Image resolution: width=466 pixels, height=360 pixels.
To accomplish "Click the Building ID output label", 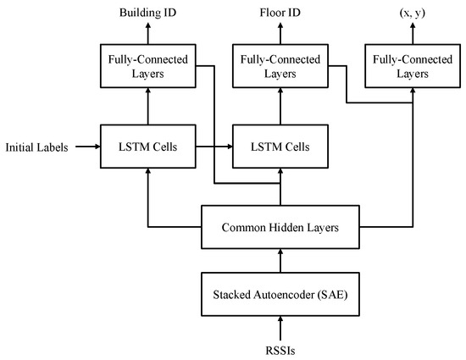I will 149,14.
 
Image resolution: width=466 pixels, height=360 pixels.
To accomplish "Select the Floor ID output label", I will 279,14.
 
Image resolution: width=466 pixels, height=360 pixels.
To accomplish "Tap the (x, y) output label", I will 413,14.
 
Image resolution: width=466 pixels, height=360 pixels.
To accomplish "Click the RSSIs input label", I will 279,346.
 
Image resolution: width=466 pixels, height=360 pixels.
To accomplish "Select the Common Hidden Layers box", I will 279,227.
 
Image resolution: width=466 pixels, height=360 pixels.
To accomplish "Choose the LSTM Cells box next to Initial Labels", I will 149,147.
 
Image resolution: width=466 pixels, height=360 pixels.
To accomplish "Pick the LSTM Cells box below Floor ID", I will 279,147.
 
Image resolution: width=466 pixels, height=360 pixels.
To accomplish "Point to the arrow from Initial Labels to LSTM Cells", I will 88,147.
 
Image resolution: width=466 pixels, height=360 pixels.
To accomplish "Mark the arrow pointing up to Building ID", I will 149,33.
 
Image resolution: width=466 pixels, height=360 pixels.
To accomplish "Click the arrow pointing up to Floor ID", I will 279,33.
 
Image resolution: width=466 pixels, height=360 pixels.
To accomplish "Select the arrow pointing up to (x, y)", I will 413,33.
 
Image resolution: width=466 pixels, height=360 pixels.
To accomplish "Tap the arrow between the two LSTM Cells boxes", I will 214,147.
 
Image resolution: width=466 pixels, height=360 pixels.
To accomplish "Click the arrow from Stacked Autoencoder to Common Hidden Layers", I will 279,261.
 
